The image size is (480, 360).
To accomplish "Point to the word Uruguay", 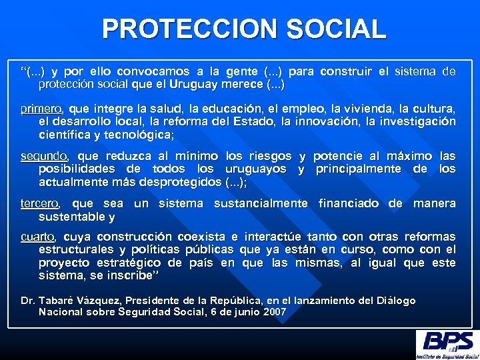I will pyautogui.click(x=191, y=85).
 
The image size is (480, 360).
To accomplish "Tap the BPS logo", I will pyautogui.click(x=446, y=344).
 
